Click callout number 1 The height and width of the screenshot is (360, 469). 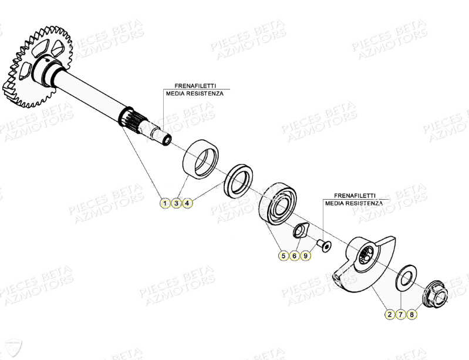(165, 203)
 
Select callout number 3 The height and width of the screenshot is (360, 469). (176, 203)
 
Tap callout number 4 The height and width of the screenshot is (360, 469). (187, 203)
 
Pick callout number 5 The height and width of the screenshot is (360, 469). (283, 256)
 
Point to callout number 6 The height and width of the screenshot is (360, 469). (294, 256)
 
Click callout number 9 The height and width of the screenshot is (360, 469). (305, 256)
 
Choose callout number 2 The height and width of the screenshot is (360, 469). (389, 315)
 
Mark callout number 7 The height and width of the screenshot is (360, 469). (400, 315)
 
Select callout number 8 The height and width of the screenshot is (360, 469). (411, 315)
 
